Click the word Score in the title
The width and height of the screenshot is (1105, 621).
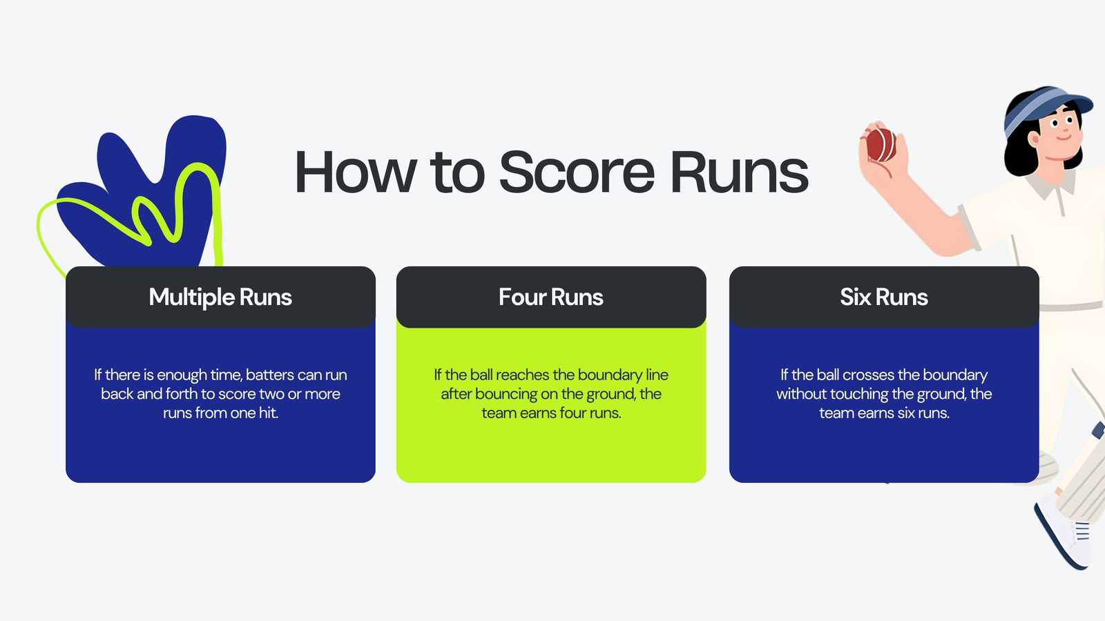(577, 172)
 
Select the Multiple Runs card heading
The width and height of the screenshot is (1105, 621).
(220, 297)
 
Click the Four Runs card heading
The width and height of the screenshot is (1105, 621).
(551, 297)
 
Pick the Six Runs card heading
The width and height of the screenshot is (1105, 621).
(884, 297)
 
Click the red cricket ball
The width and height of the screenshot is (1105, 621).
(881, 145)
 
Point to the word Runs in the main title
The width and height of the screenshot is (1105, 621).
(740, 172)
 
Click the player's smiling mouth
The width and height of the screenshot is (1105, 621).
(1064, 138)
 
